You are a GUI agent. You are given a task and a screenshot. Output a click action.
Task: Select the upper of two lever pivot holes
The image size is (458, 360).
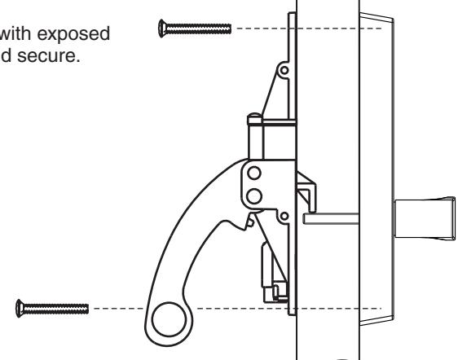tap(253, 173)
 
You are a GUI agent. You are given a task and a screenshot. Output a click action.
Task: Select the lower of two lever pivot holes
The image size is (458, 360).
tap(253, 195)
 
